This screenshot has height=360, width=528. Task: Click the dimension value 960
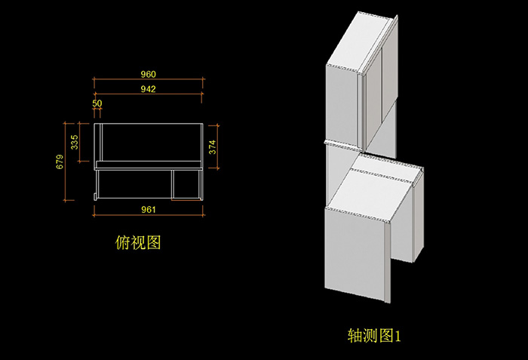pyautogui.click(x=148, y=75)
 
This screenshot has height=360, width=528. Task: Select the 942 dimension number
pyautogui.click(x=148, y=89)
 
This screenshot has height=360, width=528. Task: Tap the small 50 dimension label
pyautogui.click(x=97, y=103)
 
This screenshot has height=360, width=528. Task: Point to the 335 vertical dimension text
pyautogui.click(x=74, y=142)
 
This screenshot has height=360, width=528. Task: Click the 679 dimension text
pyautogui.click(x=60, y=162)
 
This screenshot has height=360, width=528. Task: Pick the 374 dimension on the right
pyautogui.click(x=212, y=146)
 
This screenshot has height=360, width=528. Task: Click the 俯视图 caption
pyautogui.click(x=138, y=242)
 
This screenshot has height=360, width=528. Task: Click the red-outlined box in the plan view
pyautogui.click(x=187, y=183)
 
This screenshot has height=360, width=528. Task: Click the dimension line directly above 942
pyautogui.click(x=148, y=80)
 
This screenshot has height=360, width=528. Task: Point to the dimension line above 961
pyautogui.click(x=148, y=216)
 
